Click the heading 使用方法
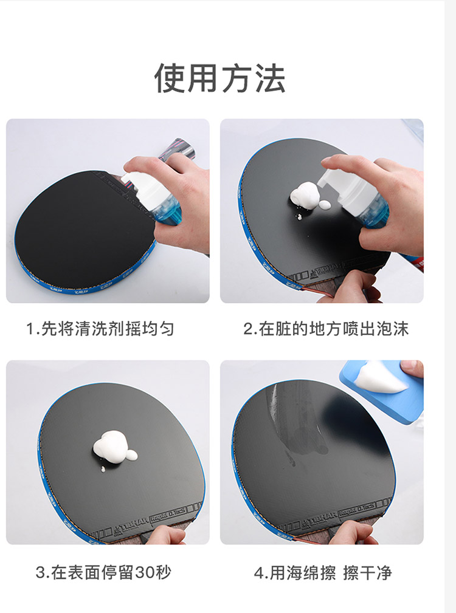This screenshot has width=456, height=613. [220, 78]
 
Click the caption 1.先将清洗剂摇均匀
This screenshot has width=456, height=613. [100, 329]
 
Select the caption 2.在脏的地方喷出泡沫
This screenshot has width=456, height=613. [326, 329]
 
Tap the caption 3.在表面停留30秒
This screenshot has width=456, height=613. [103, 572]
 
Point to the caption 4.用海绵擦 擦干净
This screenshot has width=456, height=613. [323, 573]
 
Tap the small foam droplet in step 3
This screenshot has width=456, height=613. [103, 469]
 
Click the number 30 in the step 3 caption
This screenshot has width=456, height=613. [144, 573]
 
